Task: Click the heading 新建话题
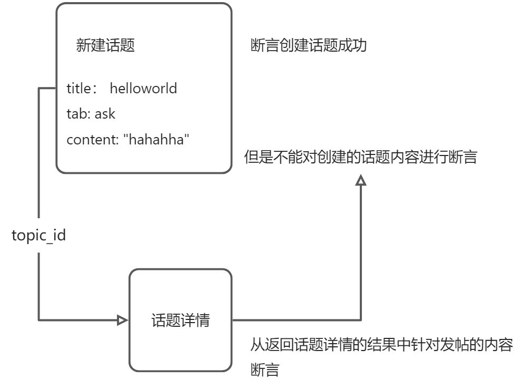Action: (105, 46)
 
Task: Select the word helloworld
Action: (143, 88)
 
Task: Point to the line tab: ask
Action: (91, 114)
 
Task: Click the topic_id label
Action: (39, 235)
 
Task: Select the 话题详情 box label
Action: (180, 320)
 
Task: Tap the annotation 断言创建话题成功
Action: (309, 46)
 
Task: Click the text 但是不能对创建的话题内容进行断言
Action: (360, 157)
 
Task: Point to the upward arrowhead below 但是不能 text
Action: (361, 181)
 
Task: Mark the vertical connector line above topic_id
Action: (40, 153)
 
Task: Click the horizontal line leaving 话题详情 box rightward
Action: (295, 319)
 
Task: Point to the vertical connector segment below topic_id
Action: (40, 285)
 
